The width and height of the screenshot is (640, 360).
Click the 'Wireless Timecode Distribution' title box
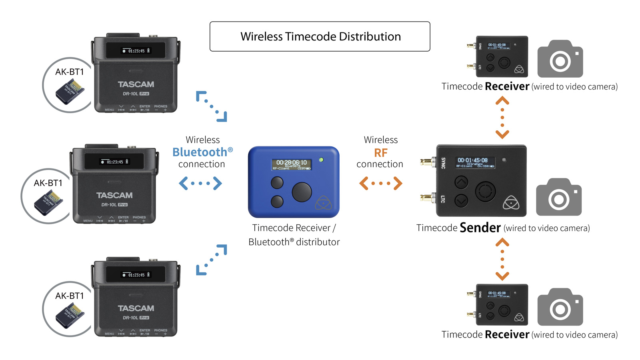click(320, 36)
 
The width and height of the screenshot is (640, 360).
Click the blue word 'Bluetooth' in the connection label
click(200, 152)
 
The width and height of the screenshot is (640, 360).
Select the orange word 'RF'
click(381, 153)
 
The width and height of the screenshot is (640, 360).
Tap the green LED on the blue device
click(321, 160)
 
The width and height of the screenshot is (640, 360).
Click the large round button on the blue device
click(302, 192)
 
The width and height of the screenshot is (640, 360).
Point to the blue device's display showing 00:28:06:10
click(292, 164)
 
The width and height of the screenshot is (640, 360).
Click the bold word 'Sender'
click(480, 228)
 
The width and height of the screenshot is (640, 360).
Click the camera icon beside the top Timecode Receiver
click(560, 59)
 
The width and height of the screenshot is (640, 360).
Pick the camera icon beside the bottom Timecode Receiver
click(560, 307)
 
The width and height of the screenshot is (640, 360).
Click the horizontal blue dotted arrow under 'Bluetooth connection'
click(200, 184)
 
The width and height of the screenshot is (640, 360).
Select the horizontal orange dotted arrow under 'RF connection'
click(381, 184)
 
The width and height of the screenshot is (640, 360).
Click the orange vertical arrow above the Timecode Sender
click(502, 118)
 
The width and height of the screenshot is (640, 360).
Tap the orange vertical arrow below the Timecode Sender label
click(502, 259)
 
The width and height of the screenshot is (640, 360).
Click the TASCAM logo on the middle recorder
click(114, 196)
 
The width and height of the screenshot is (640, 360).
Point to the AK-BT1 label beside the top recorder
click(70, 72)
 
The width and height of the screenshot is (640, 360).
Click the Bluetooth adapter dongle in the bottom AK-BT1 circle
click(70, 316)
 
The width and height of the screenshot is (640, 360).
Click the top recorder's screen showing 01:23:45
click(136, 51)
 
